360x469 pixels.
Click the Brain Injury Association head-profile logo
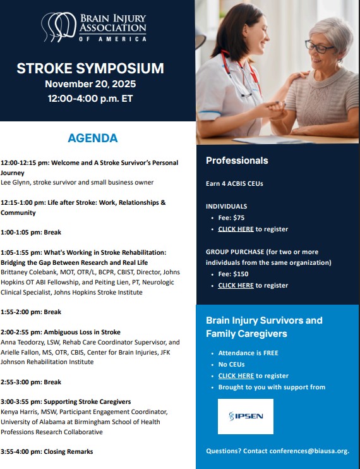58,28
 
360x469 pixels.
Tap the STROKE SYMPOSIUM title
90,68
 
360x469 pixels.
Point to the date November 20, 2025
90,83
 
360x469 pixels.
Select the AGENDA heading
92,138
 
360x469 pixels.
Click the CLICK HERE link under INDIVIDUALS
236,229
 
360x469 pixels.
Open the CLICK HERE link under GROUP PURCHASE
236,285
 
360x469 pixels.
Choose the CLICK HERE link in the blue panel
236,375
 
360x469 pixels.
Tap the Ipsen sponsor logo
246,416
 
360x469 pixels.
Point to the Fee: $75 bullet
231,217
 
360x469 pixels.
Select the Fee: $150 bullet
233,274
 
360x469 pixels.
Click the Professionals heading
237,161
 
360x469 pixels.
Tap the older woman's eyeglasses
320,46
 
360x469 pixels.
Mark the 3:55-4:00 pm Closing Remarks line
47,451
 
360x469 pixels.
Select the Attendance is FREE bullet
248,353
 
